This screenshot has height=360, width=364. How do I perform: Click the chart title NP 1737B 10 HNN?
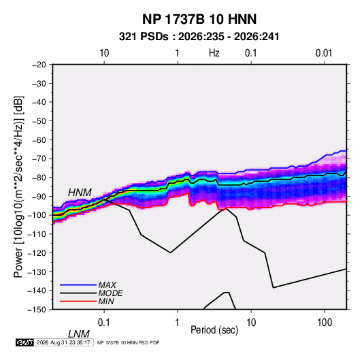199,19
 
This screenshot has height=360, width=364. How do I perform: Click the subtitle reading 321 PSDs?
144,37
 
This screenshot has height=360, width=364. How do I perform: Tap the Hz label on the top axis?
214,53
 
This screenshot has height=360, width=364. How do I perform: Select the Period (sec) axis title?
214,330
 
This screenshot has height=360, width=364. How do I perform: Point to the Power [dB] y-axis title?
18,186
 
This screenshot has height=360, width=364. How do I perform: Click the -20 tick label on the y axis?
39,65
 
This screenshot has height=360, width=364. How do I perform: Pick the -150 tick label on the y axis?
37,310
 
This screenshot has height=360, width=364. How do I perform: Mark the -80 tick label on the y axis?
39,178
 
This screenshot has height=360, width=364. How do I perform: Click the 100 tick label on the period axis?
325,323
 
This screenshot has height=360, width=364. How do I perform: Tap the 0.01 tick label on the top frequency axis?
324,53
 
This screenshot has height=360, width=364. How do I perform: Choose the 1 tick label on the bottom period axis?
178,323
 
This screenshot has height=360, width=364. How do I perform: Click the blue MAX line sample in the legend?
78,284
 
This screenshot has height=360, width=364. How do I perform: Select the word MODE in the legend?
110,293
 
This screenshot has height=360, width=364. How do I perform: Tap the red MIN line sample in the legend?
78,301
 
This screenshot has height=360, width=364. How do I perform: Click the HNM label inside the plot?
80,193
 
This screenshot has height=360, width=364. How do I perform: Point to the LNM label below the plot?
78,334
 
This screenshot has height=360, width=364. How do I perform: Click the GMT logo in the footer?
25,342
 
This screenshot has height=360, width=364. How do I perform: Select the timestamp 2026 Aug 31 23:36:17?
63,342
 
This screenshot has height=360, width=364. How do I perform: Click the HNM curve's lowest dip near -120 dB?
170,252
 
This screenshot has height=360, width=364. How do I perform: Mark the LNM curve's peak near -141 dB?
227,292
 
